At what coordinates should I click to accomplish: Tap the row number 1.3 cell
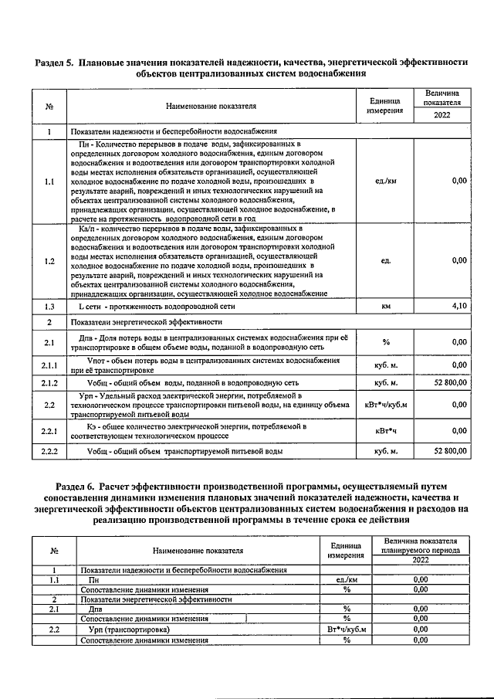49,307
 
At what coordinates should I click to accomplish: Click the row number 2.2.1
49,430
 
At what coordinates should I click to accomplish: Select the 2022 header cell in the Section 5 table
442,116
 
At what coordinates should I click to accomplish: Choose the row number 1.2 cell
49,261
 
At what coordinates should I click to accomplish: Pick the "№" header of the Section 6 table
55,551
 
